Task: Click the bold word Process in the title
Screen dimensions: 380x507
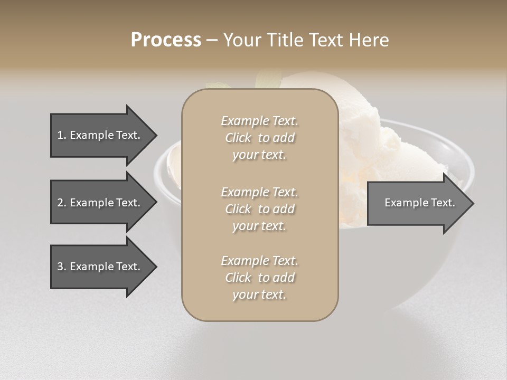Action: pos(166,40)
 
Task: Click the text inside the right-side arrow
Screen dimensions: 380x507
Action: pos(419,203)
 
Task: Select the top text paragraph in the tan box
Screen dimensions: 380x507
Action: pos(259,138)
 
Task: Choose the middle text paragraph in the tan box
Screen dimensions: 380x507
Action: pos(259,209)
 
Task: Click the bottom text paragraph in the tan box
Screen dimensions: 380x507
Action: pos(259,278)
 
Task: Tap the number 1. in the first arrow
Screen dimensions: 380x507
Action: pos(62,135)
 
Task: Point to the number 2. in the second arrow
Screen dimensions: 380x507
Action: pos(62,203)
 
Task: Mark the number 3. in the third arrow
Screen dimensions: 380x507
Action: pos(62,267)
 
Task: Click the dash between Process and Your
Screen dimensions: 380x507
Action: pos(212,40)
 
